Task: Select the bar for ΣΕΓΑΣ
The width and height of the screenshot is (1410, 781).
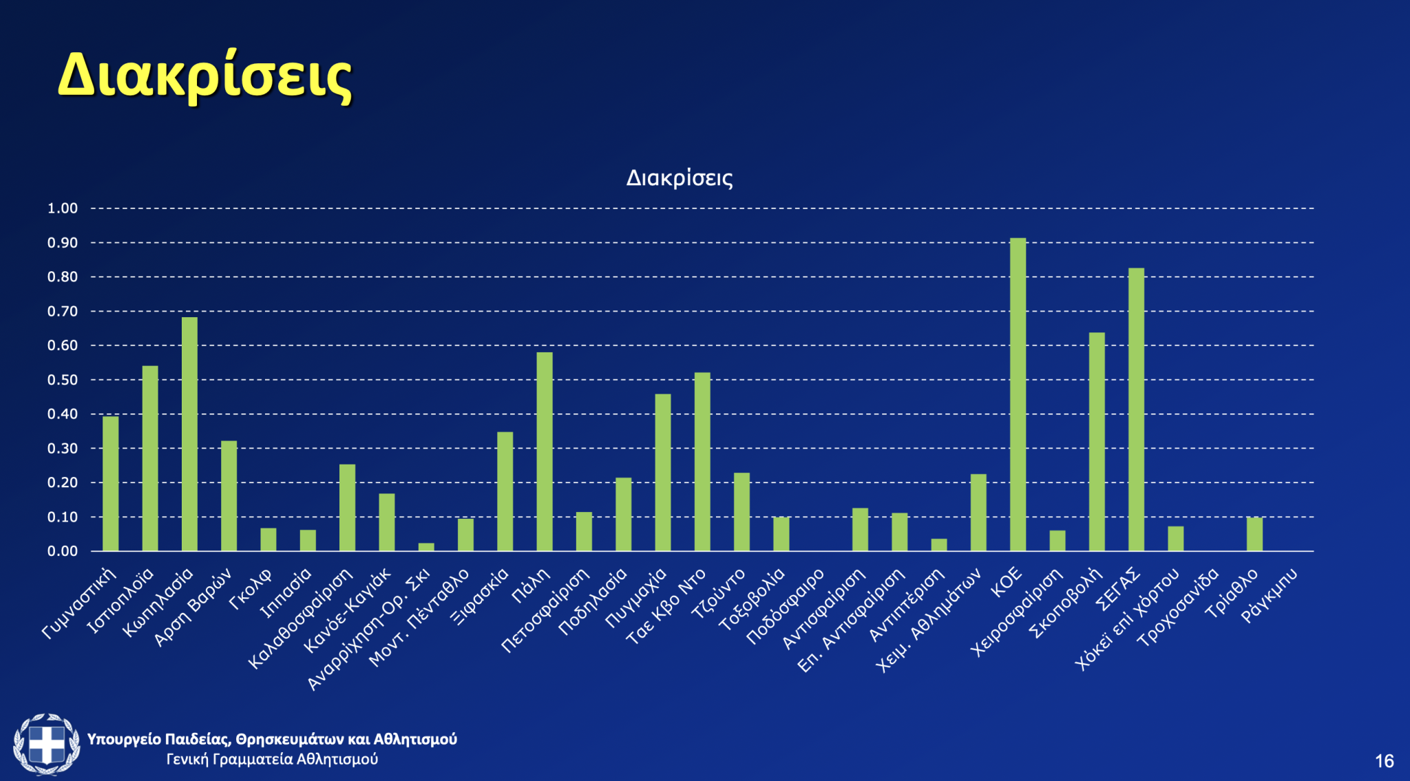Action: [x=1136, y=409]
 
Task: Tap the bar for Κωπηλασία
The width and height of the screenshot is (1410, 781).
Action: [x=189, y=434]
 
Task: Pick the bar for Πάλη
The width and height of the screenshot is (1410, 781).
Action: [x=545, y=451]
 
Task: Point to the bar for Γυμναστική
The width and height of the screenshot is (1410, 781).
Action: [x=110, y=484]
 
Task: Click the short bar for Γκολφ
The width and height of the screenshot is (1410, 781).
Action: [x=269, y=539]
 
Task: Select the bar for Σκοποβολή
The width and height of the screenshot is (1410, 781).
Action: [x=1097, y=442]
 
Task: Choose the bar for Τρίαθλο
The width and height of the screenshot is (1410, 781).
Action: [x=1254, y=534]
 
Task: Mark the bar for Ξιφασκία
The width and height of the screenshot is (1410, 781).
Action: [x=505, y=491]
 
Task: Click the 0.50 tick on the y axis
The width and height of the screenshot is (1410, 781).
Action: [x=62, y=380]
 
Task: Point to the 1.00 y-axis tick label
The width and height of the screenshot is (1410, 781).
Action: [x=62, y=208]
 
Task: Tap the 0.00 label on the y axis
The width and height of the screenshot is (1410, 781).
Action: [x=62, y=551]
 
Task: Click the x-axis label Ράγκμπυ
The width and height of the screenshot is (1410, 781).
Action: [x=1270, y=595]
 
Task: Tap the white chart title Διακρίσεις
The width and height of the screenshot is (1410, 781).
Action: [x=679, y=178]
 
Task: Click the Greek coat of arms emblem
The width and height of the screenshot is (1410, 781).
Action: [x=46, y=745]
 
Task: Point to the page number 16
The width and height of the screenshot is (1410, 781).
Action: [x=1384, y=761]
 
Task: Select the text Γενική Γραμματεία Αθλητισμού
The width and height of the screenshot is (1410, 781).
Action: [x=272, y=760]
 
